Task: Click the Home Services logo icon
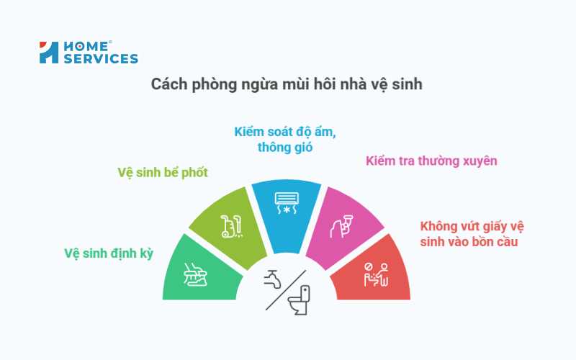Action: [x=49, y=53]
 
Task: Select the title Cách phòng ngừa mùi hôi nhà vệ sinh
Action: [x=287, y=84]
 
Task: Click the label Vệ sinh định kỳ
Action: [x=109, y=253]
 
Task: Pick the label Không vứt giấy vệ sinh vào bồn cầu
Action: [x=472, y=234]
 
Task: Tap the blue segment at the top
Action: [x=287, y=210]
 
